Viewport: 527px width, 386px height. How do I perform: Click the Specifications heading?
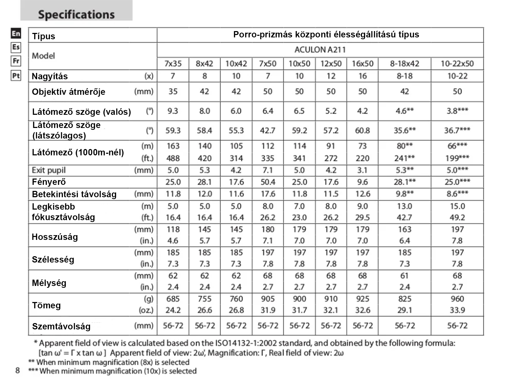click(x=76, y=14)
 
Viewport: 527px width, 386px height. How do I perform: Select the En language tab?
click(x=16, y=33)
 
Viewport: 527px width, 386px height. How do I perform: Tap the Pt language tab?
click(x=16, y=76)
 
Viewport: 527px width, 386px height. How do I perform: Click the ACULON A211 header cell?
click(x=320, y=50)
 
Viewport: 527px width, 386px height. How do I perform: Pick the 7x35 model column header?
click(x=173, y=64)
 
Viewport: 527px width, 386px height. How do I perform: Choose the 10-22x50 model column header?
click(x=457, y=64)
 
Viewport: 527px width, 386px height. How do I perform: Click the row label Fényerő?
click(x=49, y=182)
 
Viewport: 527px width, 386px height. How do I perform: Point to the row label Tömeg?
click(x=46, y=305)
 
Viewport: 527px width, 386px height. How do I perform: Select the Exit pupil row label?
click(x=49, y=170)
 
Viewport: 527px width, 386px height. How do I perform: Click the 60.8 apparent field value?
click(x=362, y=131)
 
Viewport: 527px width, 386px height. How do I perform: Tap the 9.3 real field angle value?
click(x=173, y=111)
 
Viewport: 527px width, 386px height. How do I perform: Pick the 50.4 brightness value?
click(x=268, y=182)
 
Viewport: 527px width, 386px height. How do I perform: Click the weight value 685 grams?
click(x=173, y=299)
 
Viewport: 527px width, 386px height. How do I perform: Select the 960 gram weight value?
click(x=457, y=299)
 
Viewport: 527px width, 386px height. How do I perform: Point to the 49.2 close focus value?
click(x=457, y=217)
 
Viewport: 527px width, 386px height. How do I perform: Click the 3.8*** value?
click(x=457, y=111)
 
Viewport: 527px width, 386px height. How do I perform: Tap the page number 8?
click(x=17, y=370)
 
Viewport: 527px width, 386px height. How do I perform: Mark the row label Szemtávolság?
click(x=61, y=326)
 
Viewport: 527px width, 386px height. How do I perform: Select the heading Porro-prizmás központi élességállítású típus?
click(x=326, y=34)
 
